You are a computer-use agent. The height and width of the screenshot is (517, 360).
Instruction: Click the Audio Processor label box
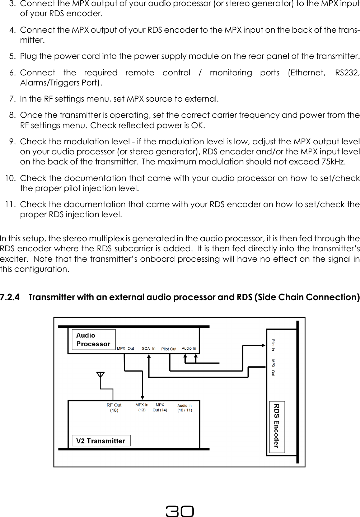pos(93,339)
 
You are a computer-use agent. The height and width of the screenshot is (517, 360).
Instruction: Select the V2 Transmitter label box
pos(101,441)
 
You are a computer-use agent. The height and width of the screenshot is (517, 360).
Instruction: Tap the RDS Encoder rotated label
pos(276,426)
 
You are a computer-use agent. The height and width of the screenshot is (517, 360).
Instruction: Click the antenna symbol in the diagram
pos(100,375)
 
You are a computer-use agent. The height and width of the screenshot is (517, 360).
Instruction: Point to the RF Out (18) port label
pos(114,407)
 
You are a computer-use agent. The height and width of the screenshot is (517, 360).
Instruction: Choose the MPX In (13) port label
pos(142,407)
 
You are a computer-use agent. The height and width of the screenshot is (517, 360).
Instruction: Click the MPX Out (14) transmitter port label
pos(160,407)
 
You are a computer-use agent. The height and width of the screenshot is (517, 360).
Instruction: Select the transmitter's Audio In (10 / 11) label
pos(184,408)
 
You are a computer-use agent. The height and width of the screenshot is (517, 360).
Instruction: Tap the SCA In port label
pos(149,349)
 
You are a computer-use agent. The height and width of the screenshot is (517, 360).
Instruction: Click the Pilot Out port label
pos(169,349)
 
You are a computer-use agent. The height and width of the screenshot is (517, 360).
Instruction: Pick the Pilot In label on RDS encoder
pos(273,345)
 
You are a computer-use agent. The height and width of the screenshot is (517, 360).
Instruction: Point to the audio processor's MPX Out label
pos(126,349)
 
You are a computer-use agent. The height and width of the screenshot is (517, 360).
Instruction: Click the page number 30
pos(179,511)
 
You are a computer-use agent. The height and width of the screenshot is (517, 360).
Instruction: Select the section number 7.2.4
pos(10,297)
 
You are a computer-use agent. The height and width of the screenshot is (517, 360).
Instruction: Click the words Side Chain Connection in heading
pos(306,297)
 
